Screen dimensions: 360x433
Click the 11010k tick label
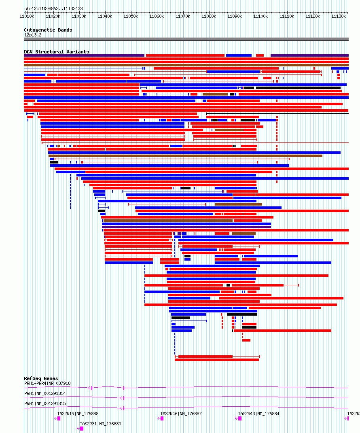[x=27, y=16]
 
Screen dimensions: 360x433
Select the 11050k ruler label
[x=131, y=16]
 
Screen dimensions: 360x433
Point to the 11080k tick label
[x=209, y=16]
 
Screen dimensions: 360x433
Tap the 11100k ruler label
[x=260, y=16]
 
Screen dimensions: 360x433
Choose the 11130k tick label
[x=339, y=16]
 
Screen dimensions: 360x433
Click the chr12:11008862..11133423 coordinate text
[x=53, y=8]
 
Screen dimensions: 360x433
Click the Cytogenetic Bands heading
[x=48, y=30]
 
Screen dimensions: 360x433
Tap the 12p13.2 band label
[x=33, y=35]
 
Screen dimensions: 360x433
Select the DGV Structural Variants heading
[x=57, y=52]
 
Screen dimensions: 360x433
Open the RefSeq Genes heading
[x=41, y=378]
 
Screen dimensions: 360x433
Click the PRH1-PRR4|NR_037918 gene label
[x=47, y=383]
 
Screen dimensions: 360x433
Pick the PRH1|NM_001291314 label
[x=45, y=393]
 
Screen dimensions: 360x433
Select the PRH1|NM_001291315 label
[x=45, y=403]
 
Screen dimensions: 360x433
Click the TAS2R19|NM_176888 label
[x=78, y=414]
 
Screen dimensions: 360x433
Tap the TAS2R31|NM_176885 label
[x=100, y=424]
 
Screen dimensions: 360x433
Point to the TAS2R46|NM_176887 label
[x=181, y=414]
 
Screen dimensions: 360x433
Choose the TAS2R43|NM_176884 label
[x=259, y=414]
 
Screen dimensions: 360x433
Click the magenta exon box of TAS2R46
[x=162, y=418]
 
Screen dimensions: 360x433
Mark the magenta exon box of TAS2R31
[x=82, y=429]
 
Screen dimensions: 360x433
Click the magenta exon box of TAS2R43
[x=240, y=418]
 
